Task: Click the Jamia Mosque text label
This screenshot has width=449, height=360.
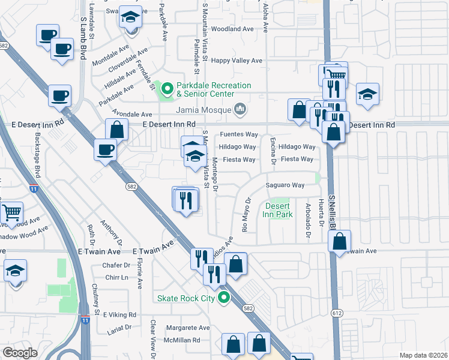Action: (x=203, y=110)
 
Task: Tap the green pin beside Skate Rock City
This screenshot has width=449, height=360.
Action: (x=224, y=297)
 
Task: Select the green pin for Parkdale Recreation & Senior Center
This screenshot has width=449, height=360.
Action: (x=167, y=90)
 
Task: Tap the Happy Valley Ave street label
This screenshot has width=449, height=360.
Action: (x=238, y=61)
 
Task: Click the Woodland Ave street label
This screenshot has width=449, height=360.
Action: (x=232, y=29)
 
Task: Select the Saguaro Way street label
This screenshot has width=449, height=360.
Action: (x=289, y=185)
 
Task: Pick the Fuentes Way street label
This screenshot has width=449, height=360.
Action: (x=238, y=134)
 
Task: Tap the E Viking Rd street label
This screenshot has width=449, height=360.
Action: (x=120, y=314)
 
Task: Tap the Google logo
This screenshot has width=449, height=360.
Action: (x=20, y=352)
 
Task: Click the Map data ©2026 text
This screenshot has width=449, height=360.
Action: (x=424, y=355)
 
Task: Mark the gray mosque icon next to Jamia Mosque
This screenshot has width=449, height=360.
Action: (x=240, y=109)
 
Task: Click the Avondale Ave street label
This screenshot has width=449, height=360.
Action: (x=130, y=114)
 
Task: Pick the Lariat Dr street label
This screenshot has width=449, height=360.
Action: (x=119, y=328)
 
